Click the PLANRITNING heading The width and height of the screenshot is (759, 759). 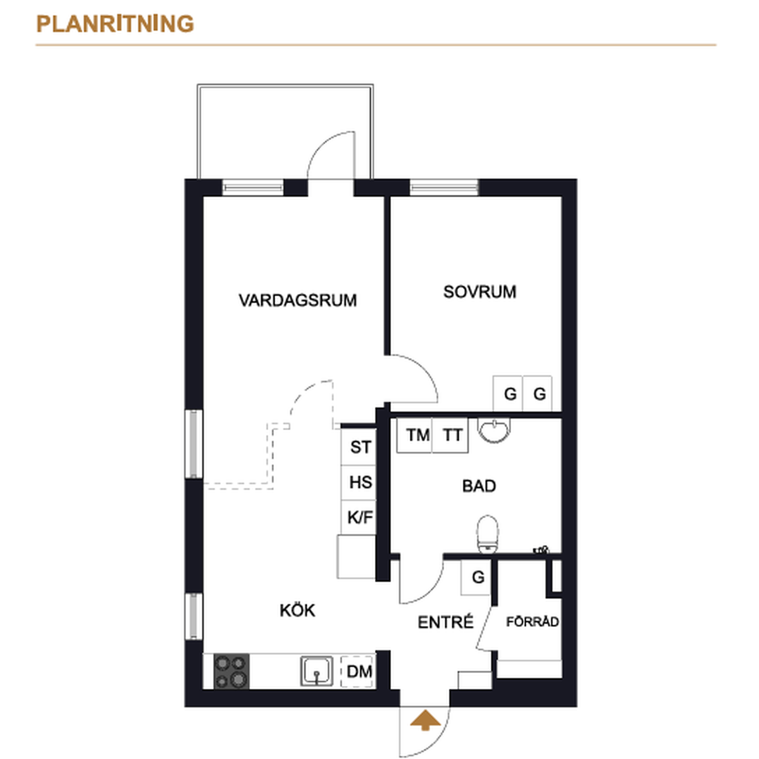point(115,23)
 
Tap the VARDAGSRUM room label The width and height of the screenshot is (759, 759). point(298,300)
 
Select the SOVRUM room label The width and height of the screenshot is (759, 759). point(479,292)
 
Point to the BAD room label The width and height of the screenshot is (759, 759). point(479,486)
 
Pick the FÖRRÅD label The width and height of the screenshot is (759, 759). point(532,621)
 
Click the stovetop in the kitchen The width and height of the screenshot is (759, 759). point(231,671)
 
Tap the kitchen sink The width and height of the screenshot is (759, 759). point(317,671)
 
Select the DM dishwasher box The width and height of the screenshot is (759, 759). point(357,672)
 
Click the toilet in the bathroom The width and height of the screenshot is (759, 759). point(488,534)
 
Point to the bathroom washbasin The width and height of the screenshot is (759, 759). point(494,430)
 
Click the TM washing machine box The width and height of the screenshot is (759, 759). point(414,435)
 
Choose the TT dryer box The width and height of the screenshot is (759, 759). point(450,435)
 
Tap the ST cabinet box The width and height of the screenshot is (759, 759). point(359,447)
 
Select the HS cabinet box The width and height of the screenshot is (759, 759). point(359,483)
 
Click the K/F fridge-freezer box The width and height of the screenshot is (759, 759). point(359,517)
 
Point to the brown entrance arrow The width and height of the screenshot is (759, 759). point(425,720)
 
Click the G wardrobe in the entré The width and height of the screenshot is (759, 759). point(476,577)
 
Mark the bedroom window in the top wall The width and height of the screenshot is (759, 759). point(444,187)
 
